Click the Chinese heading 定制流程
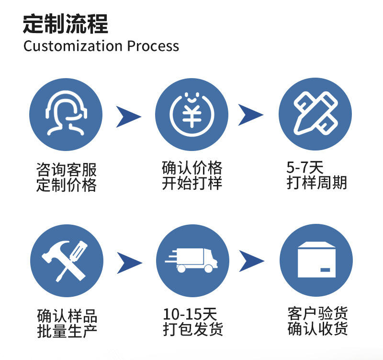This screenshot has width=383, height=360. (66, 24)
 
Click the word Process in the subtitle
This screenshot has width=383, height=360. (153, 46)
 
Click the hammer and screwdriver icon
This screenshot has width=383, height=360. (67, 261)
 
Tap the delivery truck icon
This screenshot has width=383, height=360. (191, 261)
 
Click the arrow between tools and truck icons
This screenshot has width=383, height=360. (129, 262)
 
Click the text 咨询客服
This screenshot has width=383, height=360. (67, 170)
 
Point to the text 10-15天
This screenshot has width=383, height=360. (190, 314)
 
